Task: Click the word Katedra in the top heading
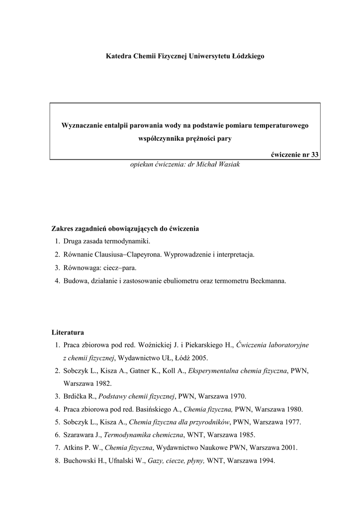pos(118,56)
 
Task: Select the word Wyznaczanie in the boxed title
pos(81,126)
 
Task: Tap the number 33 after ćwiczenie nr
pos(314,154)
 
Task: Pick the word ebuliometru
pos(192,280)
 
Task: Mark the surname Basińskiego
pos(155,409)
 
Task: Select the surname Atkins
pos(73,448)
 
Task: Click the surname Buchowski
pos(80,461)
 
